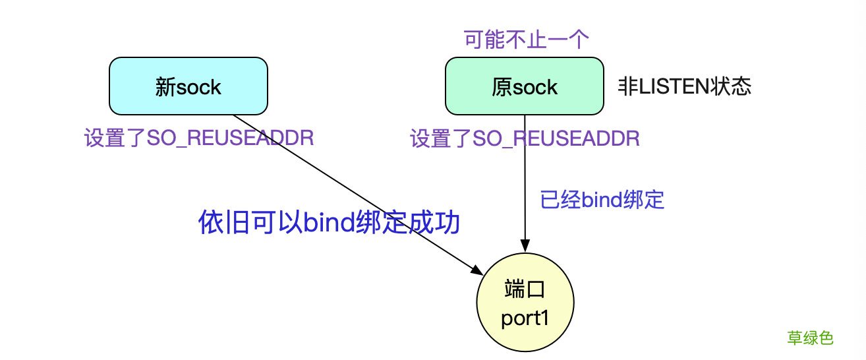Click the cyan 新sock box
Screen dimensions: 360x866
(x=188, y=86)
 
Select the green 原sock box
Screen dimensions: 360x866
(x=524, y=86)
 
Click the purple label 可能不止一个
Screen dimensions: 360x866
(x=524, y=40)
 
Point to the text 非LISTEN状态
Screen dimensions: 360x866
(x=683, y=87)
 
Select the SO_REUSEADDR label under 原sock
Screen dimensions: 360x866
(x=525, y=139)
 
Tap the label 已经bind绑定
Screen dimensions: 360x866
(x=602, y=200)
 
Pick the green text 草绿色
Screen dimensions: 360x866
(x=810, y=338)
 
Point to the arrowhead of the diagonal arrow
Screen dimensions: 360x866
(x=478, y=270)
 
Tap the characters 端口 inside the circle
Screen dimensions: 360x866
(x=525, y=290)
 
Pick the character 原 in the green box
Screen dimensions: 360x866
(x=501, y=87)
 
